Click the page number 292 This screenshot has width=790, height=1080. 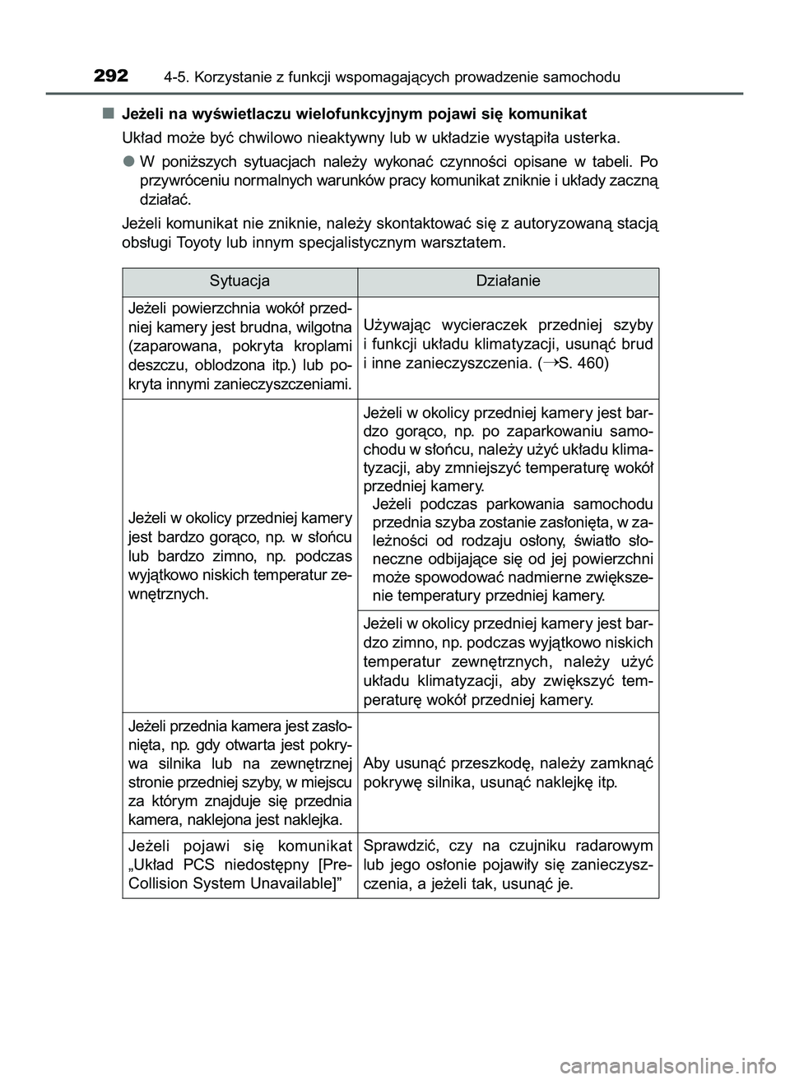(110, 76)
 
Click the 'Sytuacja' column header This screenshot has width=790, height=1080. (239, 281)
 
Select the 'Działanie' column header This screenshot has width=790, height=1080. (509, 281)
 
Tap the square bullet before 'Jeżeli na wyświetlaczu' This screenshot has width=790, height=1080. (108, 112)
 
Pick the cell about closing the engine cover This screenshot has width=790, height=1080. (509, 773)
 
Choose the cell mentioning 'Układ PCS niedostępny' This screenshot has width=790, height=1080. (240, 864)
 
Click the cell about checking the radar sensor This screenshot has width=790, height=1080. (509, 864)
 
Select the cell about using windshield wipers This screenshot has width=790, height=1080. (509, 343)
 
